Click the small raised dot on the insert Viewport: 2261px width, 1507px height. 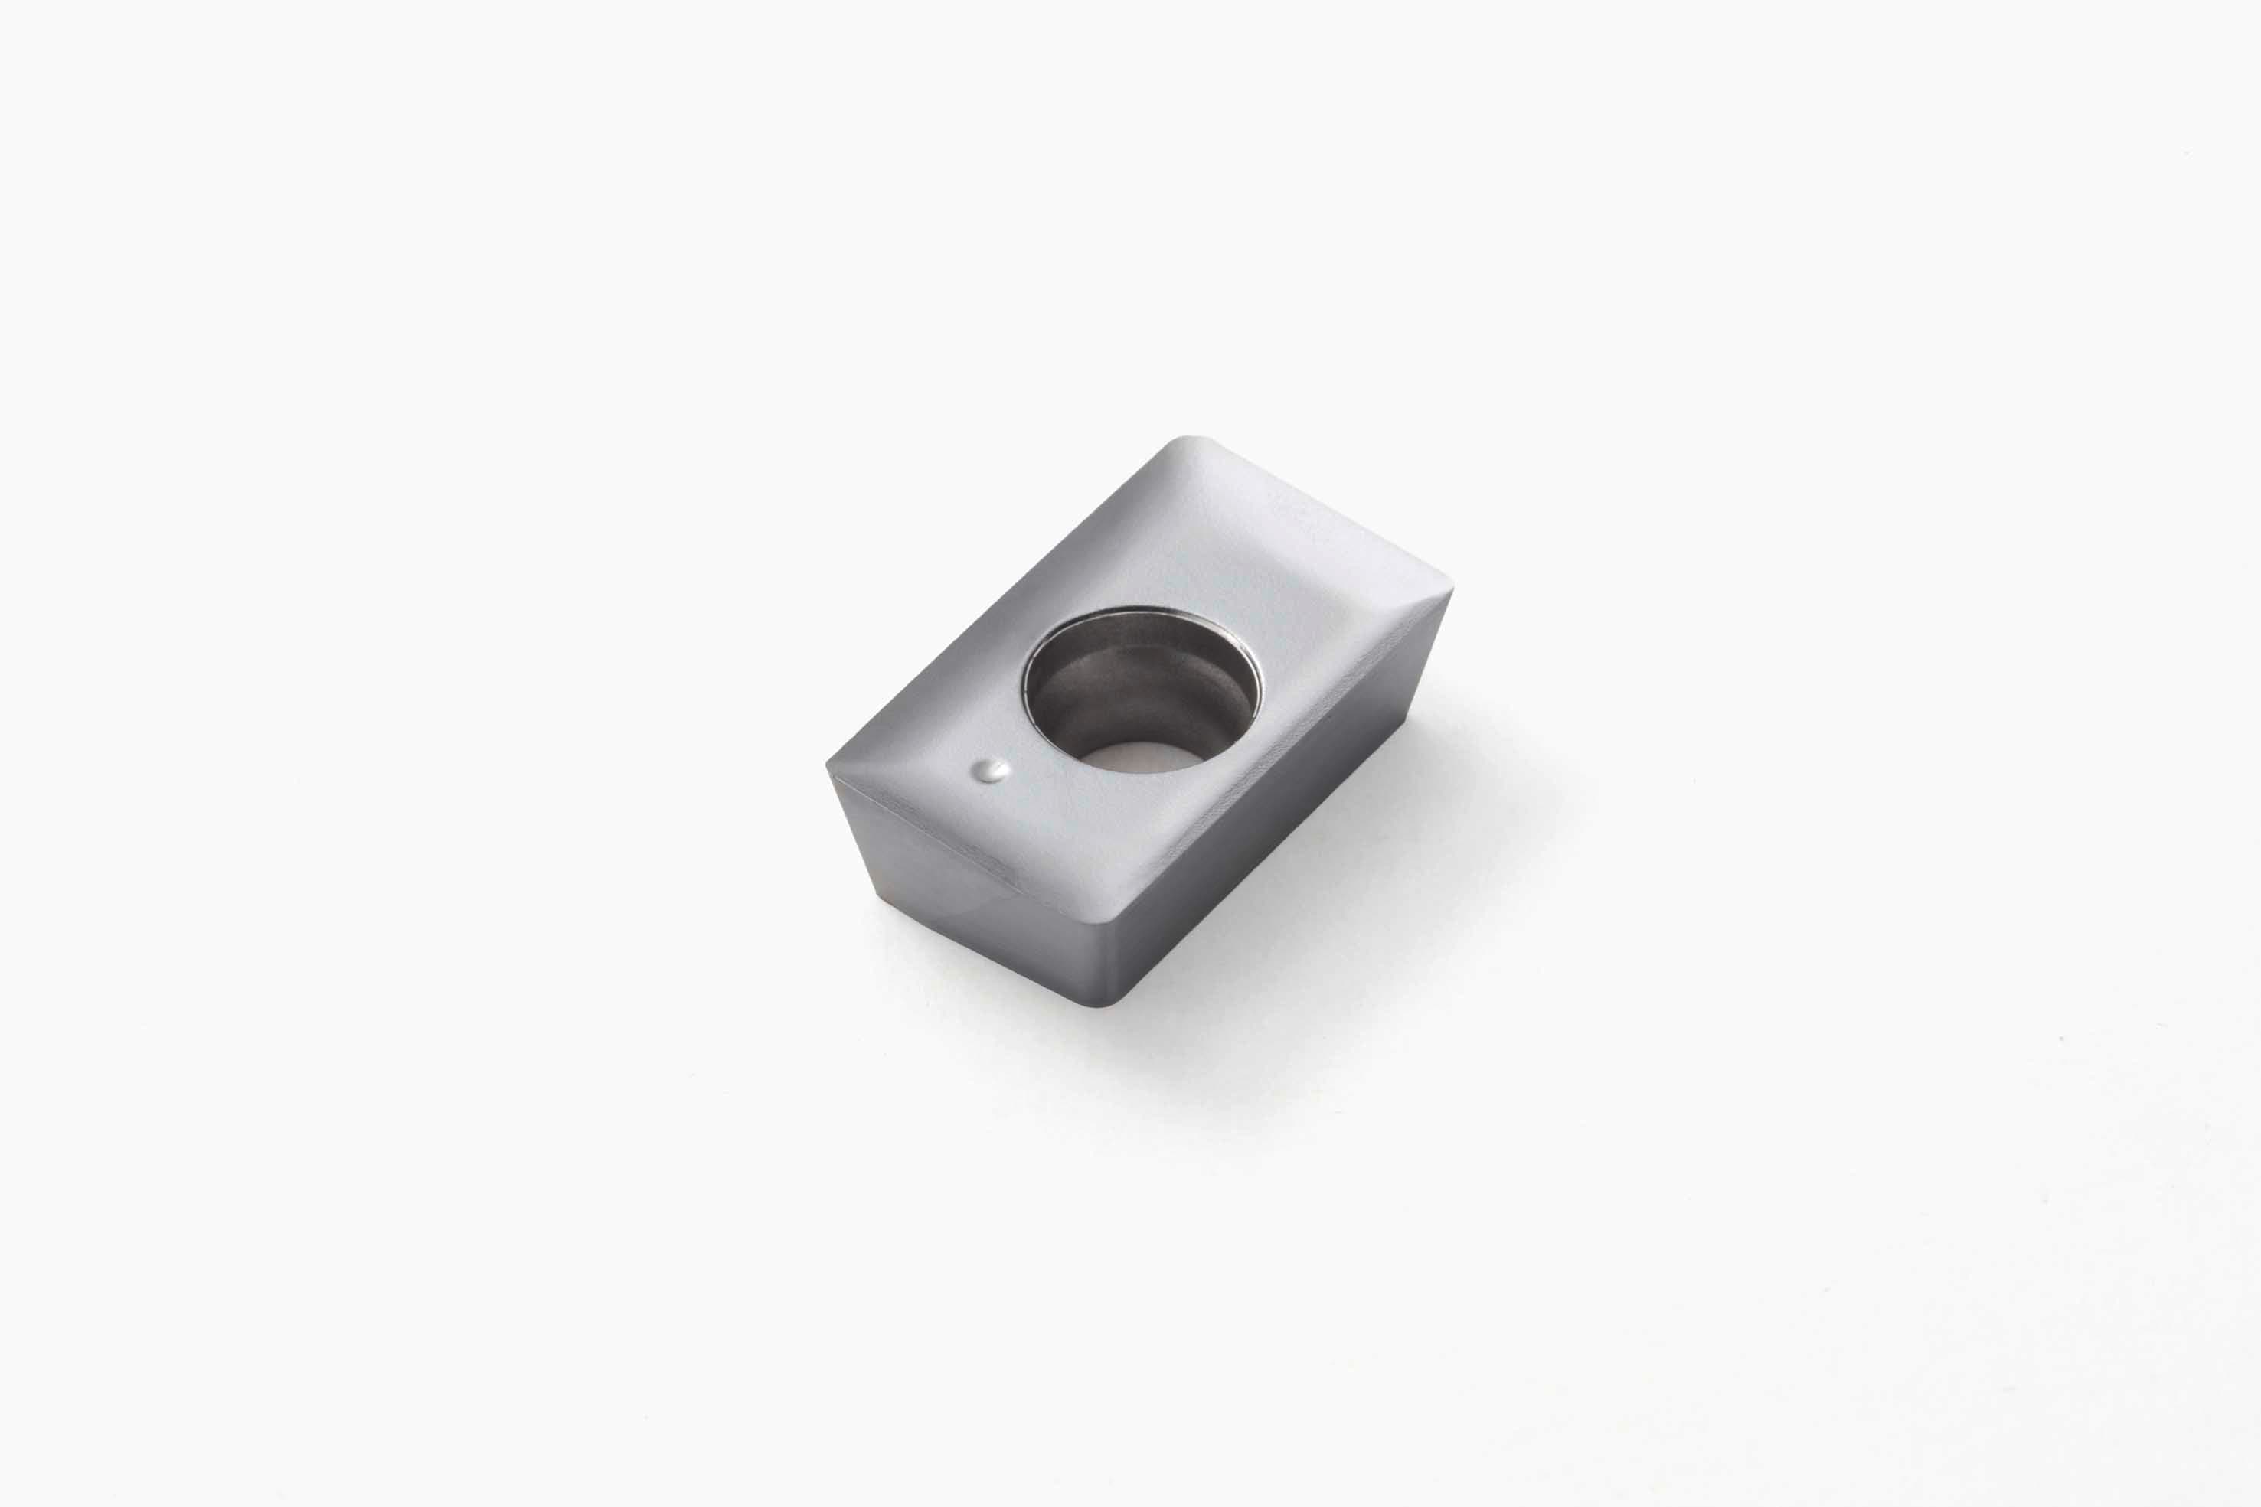[991, 769]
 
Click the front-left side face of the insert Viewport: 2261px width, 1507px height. [952, 875]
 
